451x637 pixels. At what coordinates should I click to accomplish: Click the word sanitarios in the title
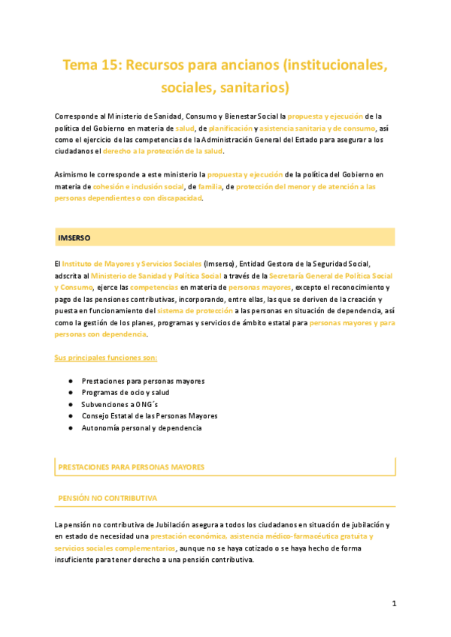click(x=250, y=88)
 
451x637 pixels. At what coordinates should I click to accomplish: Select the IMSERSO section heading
click(x=74, y=237)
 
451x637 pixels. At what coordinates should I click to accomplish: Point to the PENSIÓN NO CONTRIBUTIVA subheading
click(x=107, y=498)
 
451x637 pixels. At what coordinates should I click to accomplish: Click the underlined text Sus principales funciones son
click(x=106, y=357)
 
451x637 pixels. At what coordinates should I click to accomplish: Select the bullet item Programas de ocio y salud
click(x=125, y=392)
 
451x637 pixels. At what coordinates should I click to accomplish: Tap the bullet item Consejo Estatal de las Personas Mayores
click(x=150, y=415)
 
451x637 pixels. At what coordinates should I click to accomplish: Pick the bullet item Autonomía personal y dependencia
click(x=141, y=427)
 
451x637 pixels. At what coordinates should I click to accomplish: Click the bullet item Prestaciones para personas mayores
click(x=143, y=381)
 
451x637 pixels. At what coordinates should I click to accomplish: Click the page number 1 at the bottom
click(x=394, y=603)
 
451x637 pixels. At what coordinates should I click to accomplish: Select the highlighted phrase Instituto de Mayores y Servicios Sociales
click(x=132, y=264)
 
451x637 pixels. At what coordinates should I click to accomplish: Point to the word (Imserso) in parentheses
click(x=219, y=264)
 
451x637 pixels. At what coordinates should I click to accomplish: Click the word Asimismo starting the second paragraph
click(x=72, y=174)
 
